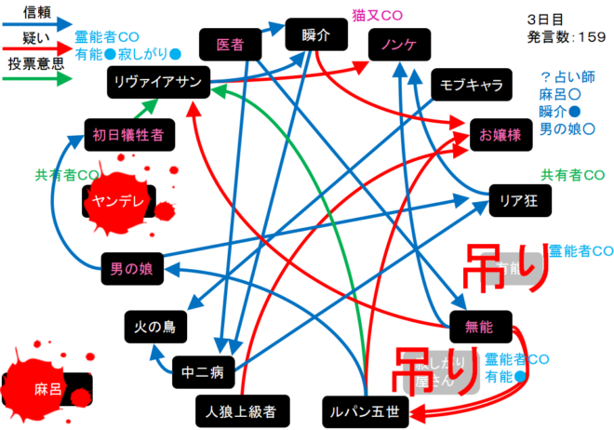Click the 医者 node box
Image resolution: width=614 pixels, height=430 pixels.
coord(230,44)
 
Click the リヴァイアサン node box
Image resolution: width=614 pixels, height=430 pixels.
coord(159,83)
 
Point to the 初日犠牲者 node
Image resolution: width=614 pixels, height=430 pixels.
coord(127,134)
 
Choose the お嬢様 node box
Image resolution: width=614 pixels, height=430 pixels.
coord(501,134)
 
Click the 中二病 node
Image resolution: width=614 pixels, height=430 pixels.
coord(203,372)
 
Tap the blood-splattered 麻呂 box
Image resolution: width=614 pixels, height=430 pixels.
coord(48,388)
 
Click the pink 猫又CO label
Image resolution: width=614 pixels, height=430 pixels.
coord(378,15)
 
